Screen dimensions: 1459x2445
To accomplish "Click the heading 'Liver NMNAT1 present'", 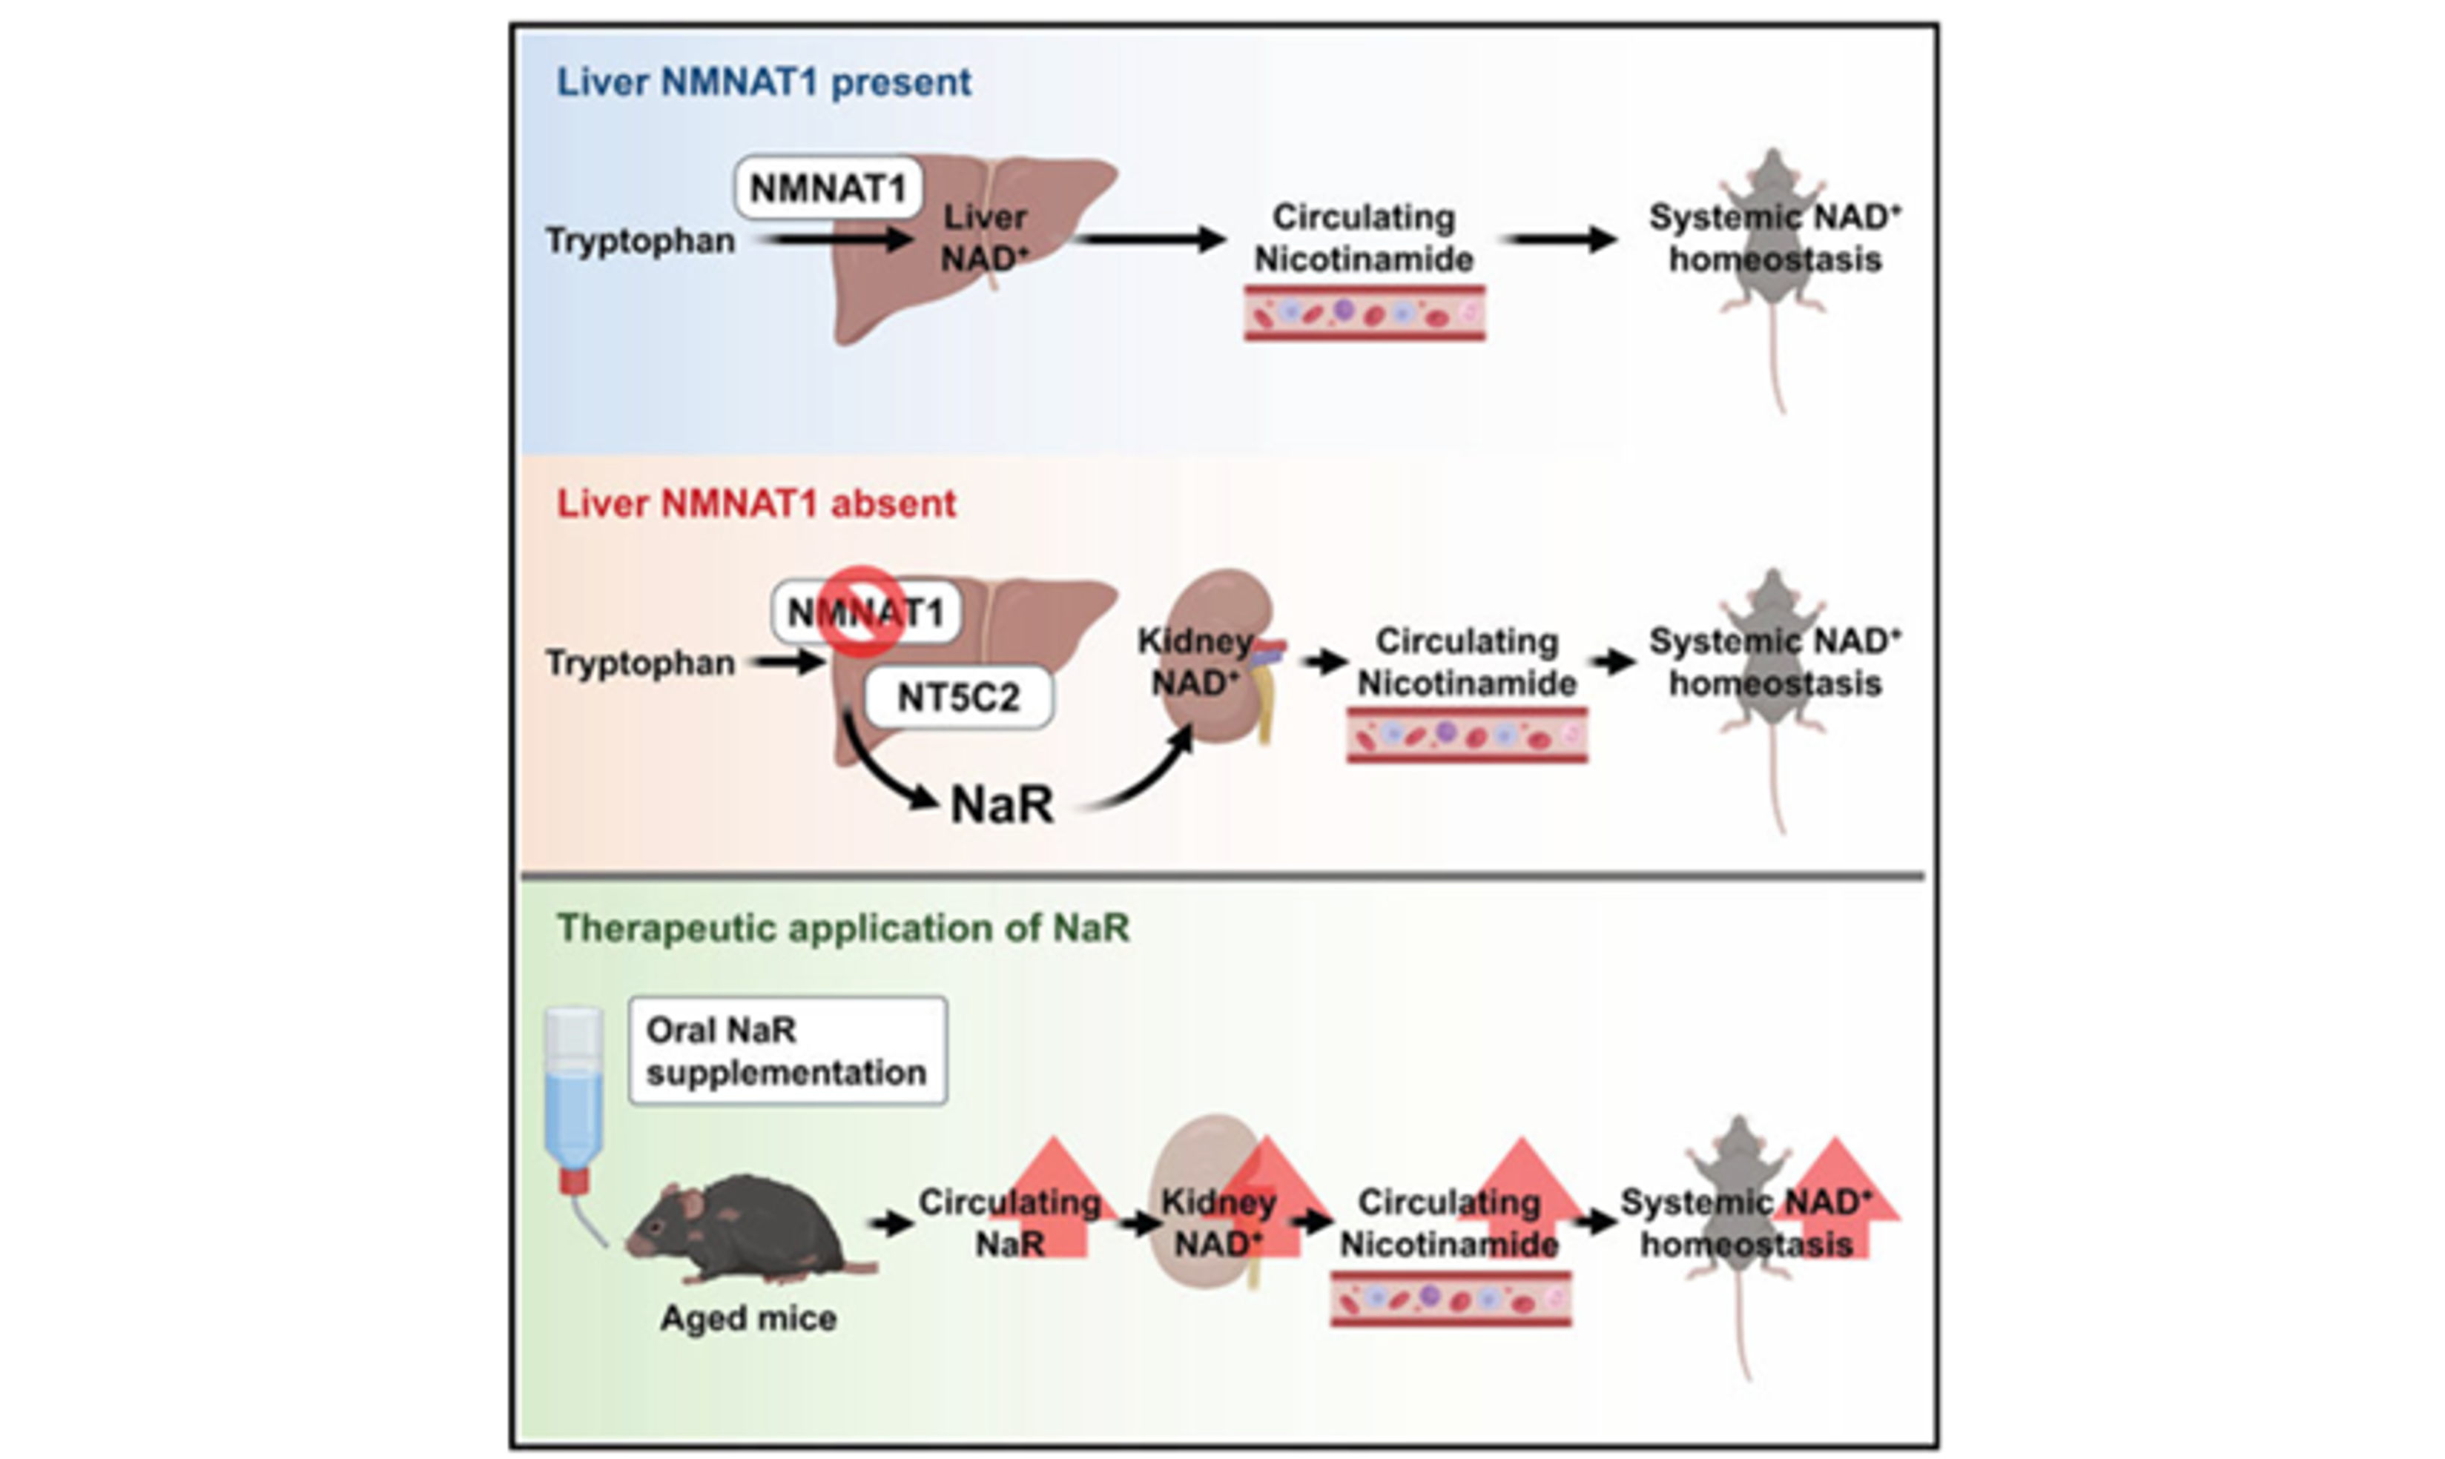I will tap(763, 82).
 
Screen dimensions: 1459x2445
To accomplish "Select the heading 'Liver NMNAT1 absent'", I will tap(756, 504).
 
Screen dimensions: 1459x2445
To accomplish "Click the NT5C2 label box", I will tap(958, 698).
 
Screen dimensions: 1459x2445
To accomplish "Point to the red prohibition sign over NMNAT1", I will tap(862, 612).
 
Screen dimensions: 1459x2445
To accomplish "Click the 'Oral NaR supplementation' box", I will tap(787, 1052).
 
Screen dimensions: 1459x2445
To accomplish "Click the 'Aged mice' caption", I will tap(748, 1318).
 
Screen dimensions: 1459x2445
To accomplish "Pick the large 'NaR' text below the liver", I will tap(1001, 805).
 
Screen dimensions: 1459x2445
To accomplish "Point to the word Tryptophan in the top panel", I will tap(640, 241).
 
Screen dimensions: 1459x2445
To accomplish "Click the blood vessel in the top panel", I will tap(1364, 313).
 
